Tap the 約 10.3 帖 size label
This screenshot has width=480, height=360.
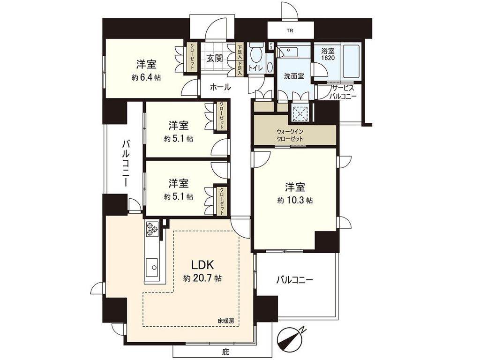295,200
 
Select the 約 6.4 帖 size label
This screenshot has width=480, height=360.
146,77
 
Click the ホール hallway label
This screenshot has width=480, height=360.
220,87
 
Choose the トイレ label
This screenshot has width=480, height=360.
256,68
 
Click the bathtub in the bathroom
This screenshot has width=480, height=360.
351,62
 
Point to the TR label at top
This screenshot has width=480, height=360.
291,32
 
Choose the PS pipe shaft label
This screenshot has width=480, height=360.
270,46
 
